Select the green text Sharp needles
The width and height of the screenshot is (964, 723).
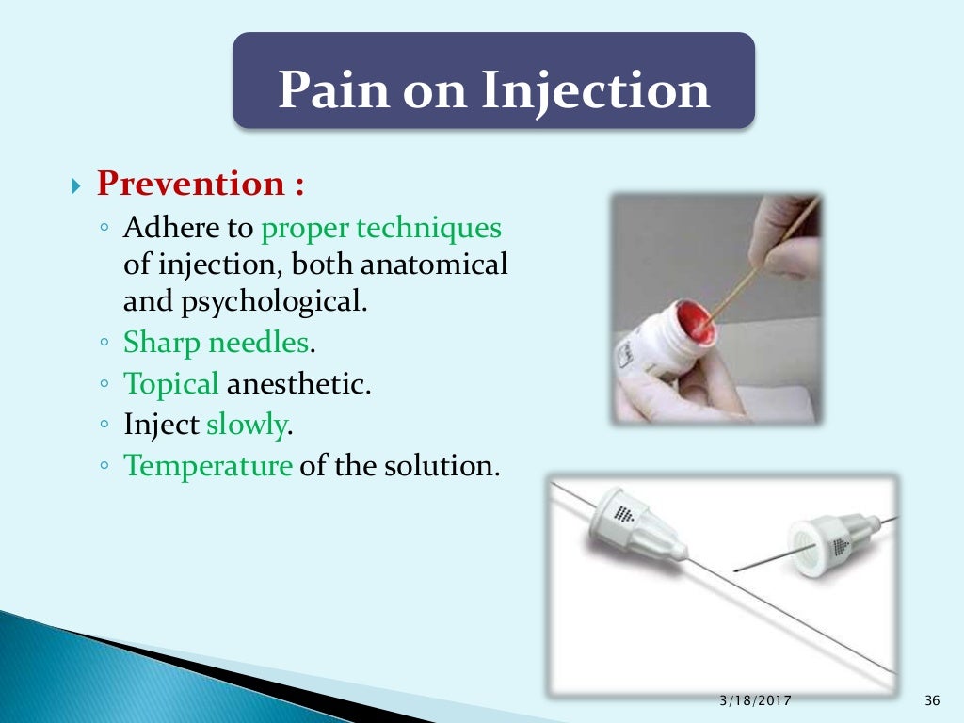(x=216, y=343)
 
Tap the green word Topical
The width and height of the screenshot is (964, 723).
(x=171, y=384)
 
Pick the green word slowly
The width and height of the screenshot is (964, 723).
(x=246, y=425)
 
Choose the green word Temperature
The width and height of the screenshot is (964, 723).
(x=208, y=465)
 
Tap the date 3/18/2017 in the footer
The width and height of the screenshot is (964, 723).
(x=755, y=699)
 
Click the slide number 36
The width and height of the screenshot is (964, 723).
(x=932, y=699)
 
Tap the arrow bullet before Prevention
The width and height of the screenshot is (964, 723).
(x=78, y=185)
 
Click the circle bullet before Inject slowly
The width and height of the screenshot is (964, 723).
(x=105, y=426)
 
